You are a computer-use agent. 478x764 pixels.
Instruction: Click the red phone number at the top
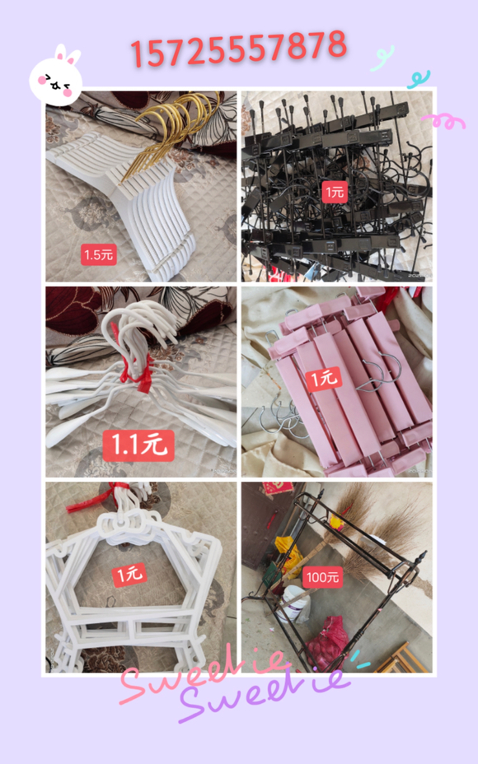click(238, 48)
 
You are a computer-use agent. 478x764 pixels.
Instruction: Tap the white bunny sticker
click(55, 77)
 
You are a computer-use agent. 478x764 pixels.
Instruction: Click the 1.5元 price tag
click(99, 254)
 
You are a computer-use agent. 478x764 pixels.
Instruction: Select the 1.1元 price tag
click(138, 445)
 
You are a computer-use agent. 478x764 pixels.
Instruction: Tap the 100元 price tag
click(322, 577)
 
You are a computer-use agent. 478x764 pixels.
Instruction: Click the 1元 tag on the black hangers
click(335, 192)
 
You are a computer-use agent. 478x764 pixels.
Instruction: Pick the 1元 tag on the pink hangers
click(325, 379)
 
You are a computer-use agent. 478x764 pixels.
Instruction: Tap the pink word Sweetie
click(205, 675)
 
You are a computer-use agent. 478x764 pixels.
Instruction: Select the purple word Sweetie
click(264, 694)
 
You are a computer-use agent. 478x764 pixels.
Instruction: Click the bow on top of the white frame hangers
click(122, 524)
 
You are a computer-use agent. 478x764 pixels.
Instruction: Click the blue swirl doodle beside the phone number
click(382, 58)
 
